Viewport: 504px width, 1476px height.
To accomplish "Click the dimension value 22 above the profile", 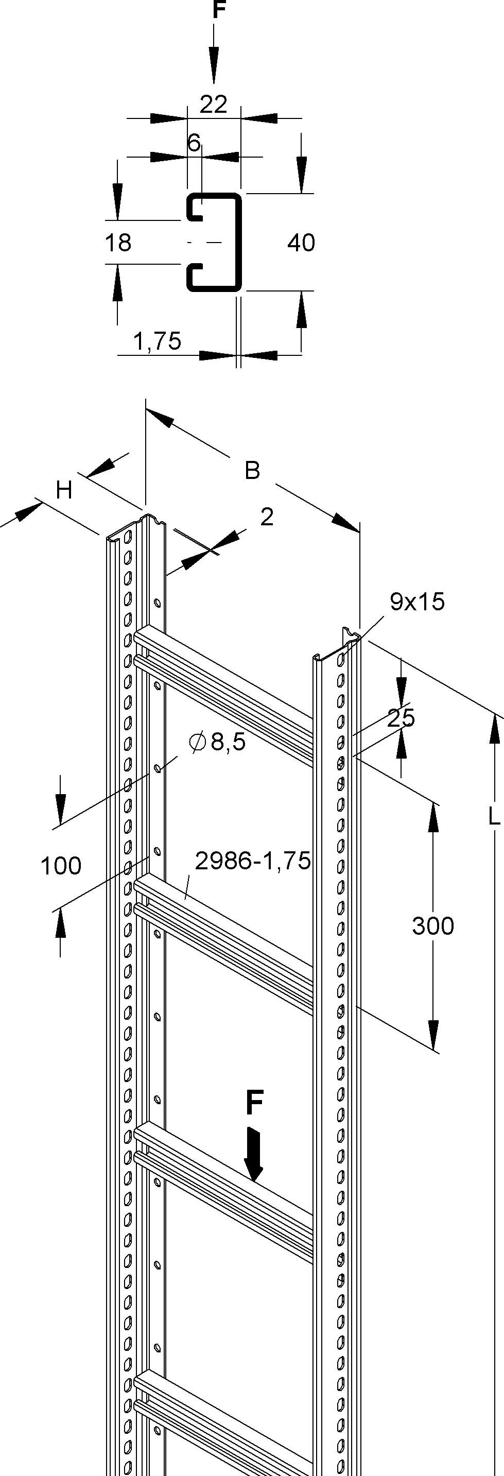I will [213, 105].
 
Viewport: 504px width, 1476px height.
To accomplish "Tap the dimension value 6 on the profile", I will [194, 143].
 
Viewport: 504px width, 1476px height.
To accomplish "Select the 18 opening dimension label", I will [118, 243].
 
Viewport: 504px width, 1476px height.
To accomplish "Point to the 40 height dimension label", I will [301, 243].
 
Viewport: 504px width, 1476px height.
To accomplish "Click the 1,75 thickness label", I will [157, 341].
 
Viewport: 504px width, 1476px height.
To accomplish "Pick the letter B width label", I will [252, 470].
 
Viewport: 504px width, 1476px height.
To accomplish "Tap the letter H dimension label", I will [64, 490].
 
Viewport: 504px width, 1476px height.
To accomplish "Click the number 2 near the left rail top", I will [267, 517].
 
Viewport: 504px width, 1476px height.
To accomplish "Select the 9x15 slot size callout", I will [417, 602].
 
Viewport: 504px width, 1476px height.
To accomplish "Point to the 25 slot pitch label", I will [401, 717].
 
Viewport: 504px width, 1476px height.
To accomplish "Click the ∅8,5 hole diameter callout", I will [217, 742].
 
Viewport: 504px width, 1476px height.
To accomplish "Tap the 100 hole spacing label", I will [61, 865].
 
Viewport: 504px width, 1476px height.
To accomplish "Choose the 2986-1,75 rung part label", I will [253, 861].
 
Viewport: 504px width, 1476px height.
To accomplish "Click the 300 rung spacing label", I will [433, 926].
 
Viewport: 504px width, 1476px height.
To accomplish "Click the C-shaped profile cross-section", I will [214, 243].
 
